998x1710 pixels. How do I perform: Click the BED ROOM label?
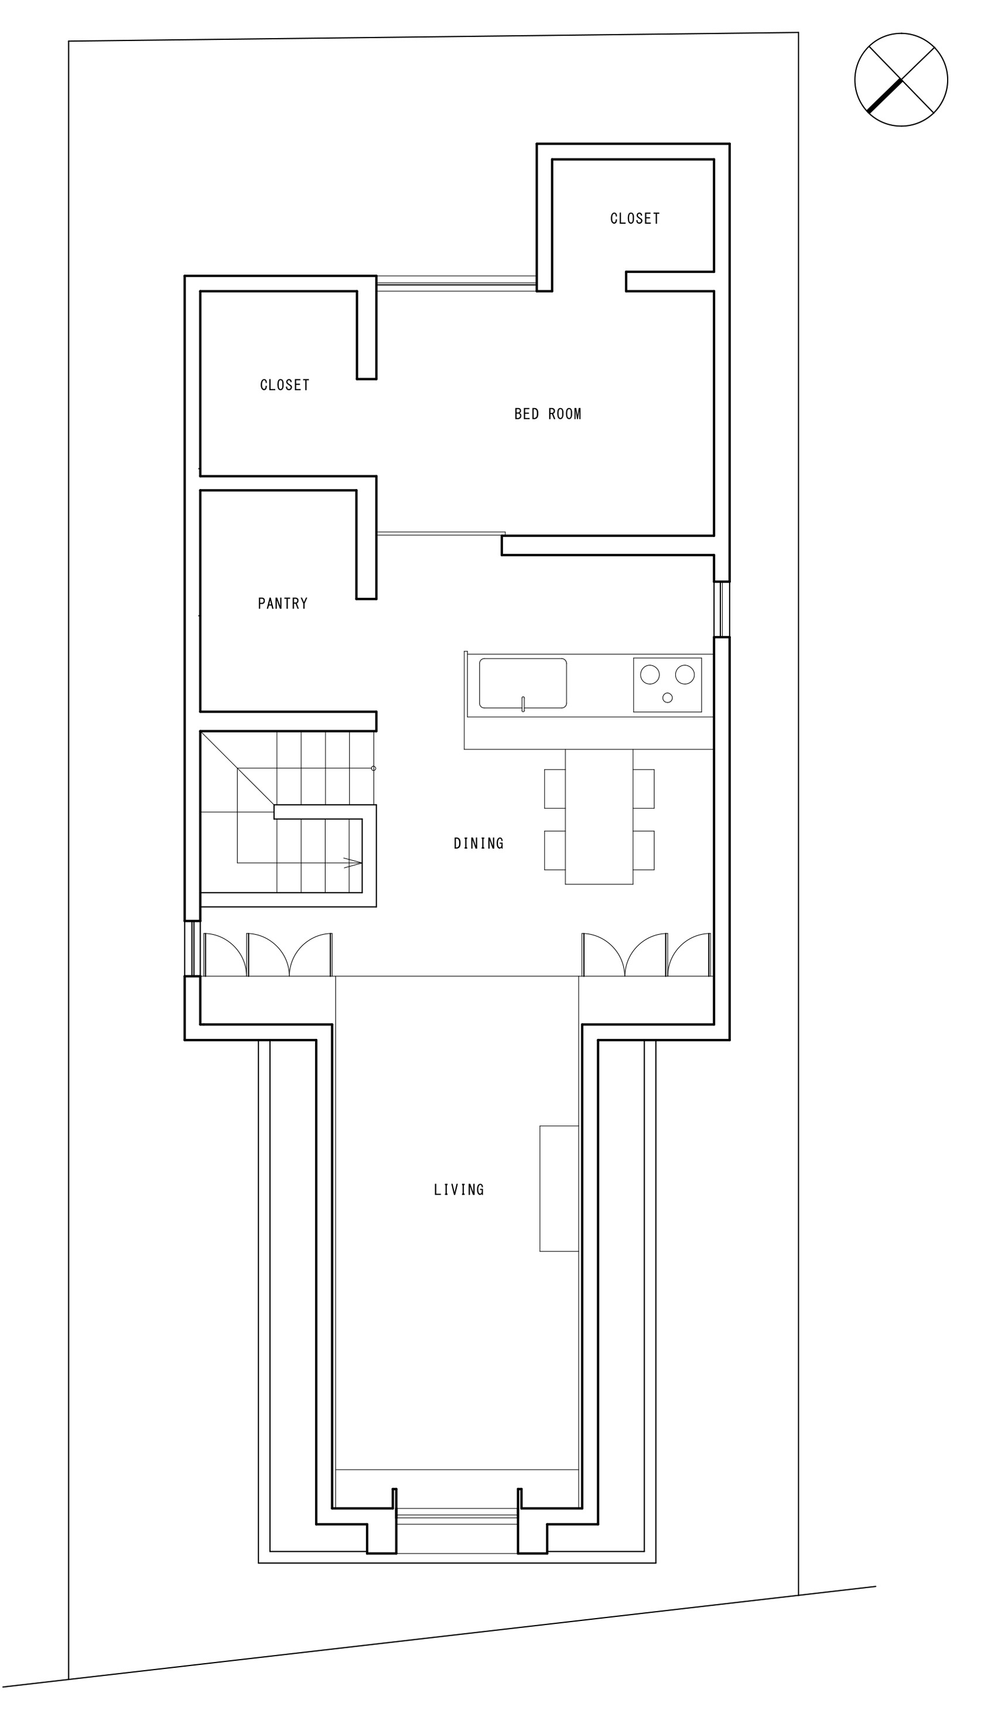[548, 414]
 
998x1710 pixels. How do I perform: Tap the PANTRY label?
[283, 603]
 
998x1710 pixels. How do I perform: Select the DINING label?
[479, 843]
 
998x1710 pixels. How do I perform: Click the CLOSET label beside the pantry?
[285, 385]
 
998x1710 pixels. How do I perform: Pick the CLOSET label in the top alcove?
[635, 218]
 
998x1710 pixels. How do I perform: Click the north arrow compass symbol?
[901, 80]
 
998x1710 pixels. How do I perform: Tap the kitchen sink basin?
[523, 683]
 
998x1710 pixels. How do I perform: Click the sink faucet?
[523, 704]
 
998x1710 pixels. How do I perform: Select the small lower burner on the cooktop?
[668, 697]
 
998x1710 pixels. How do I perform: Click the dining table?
[599, 816]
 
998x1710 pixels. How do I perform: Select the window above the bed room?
[457, 283]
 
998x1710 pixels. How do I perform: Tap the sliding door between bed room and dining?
[441, 533]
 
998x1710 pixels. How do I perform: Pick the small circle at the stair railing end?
[374, 768]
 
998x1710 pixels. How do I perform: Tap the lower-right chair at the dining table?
[644, 850]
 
